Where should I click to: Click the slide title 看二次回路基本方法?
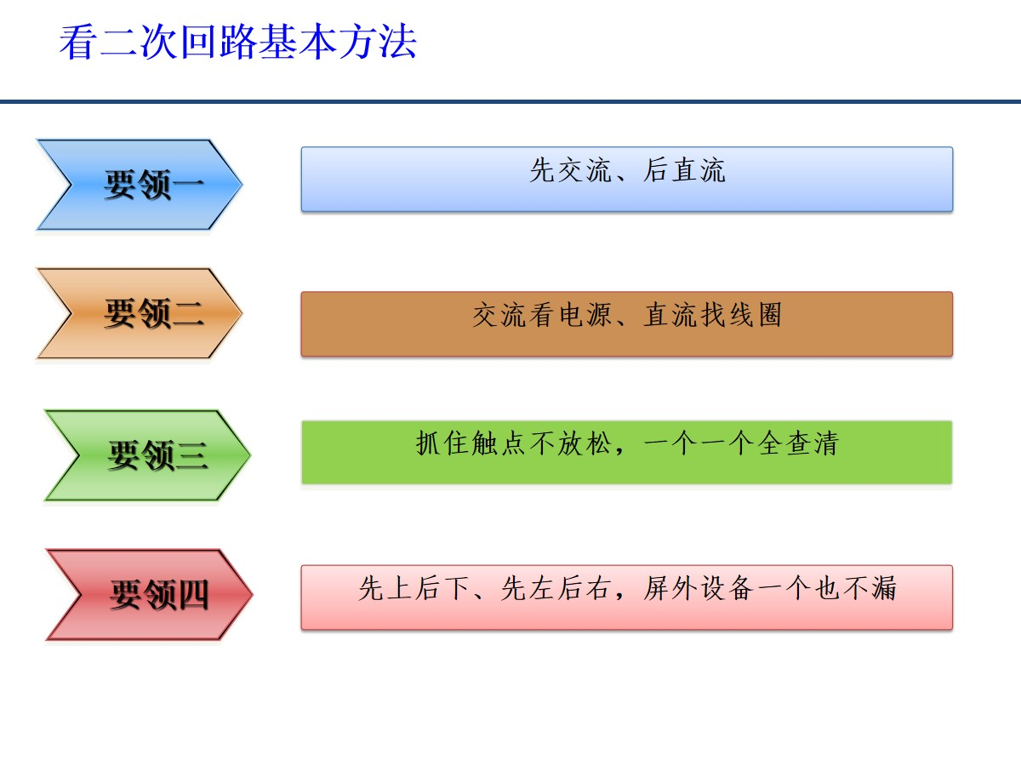click(x=237, y=42)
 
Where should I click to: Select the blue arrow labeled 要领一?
click(x=140, y=185)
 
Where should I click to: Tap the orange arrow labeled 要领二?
click(x=140, y=313)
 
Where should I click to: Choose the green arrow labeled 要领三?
click(x=147, y=455)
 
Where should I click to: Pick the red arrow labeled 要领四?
click(x=149, y=594)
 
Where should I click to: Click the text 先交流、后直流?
click(x=627, y=170)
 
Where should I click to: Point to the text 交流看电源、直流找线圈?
click(x=627, y=315)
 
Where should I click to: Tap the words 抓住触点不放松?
click(x=513, y=443)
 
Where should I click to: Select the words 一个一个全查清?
click(x=741, y=443)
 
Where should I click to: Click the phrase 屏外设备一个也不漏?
click(x=770, y=588)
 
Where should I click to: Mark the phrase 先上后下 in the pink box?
click(x=414, y=588)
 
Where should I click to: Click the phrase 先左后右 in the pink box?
click(x=556, y=588)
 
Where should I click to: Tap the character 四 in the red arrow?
click(x=192, y=594)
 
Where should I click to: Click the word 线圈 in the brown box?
click(x=755, y=315)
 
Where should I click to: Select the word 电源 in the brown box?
click(x=585, y=315)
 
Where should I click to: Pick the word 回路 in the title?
click(x=218, y=42)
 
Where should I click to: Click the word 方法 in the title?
click(x=378, y=42)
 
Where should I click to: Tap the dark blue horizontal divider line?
click(x=510, y=101)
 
